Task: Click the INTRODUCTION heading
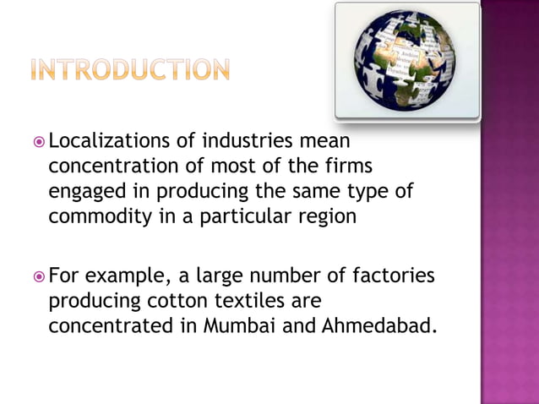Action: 129,69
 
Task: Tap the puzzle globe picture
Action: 407,61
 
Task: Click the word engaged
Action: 87,190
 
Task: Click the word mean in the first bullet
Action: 324,139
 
